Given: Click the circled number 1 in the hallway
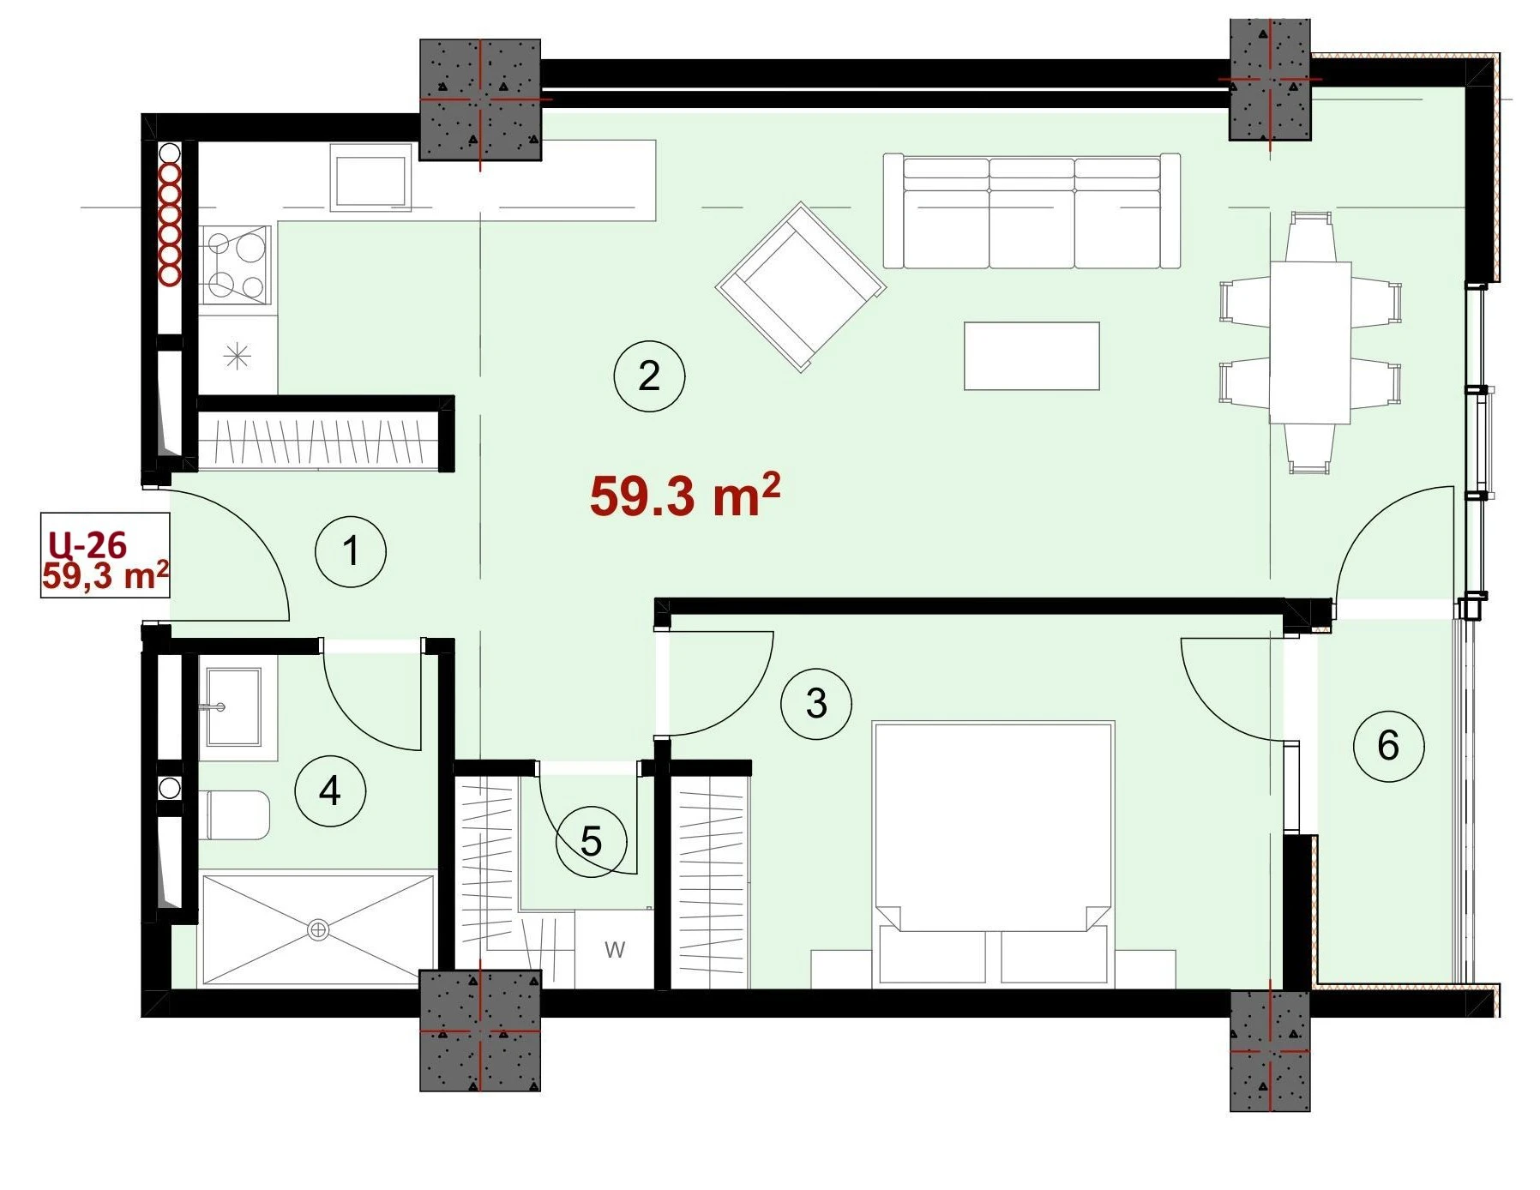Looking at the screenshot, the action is (x=351, y=551).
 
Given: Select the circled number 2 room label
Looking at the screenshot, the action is (x=649, y=376).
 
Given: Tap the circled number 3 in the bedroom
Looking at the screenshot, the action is (x=816, y=704).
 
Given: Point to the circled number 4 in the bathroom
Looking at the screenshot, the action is (x=330, y=790).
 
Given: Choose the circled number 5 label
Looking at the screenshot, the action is (x=591, y=841).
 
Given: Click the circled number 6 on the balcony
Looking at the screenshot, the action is (x=1388, y=745).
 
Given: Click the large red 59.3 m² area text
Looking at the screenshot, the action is (x=685, y=495).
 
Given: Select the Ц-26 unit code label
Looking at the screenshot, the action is (x=87, y=544).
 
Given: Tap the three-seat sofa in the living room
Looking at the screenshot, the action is (x=1032, y=211).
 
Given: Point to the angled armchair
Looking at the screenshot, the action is (x=800, y=287).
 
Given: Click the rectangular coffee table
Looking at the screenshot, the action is (x=1032, y=356).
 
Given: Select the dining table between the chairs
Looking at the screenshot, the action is (x=1310, y=343).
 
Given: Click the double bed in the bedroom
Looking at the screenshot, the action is (x=993, y=854).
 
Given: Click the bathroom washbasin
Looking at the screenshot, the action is (x=233, y=707).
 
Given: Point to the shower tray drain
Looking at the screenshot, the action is (x=318, y=929).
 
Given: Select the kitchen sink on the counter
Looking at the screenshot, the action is (x=370, y=180).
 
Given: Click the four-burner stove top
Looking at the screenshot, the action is (x=237, y=265).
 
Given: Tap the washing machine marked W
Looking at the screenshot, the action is (x=614, y=949).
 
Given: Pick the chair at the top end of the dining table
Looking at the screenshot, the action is (x=1310, y=237).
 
